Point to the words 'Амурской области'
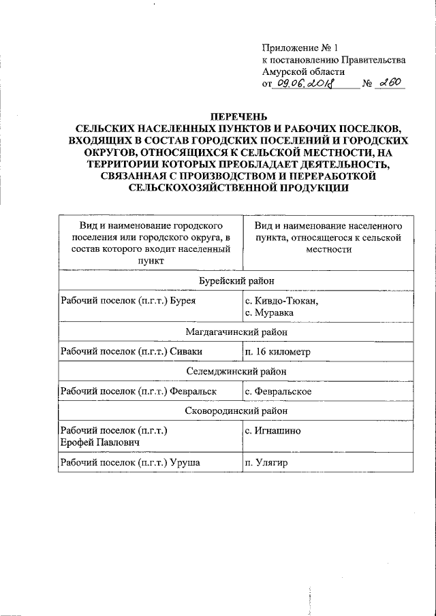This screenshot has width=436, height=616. click(x=303, y=71)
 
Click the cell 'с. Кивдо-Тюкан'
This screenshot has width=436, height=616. click(x=281, y=301)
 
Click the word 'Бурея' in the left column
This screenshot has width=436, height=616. click(x=184, y=301)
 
